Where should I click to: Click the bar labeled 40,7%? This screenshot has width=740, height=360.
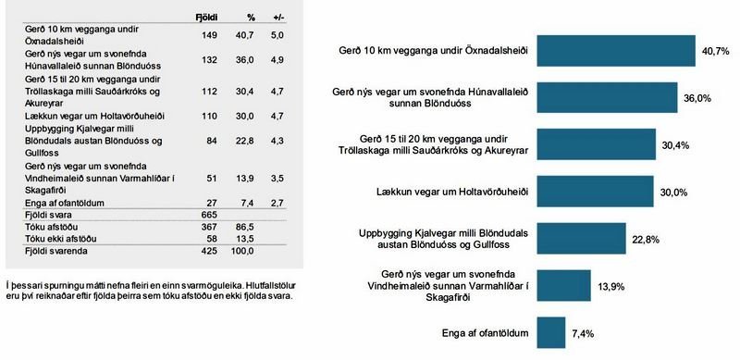pos(616,51)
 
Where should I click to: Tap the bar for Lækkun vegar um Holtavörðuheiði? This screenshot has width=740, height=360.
pos(596,192)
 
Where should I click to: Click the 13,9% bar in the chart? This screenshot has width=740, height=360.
pos(564,285)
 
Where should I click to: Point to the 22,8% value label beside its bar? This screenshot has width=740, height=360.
pos(644,239)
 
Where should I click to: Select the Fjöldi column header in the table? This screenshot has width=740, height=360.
pos(206,17)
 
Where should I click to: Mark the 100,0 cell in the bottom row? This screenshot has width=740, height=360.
pos(244,250)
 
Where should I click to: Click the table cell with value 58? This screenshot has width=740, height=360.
pos(210,238)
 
